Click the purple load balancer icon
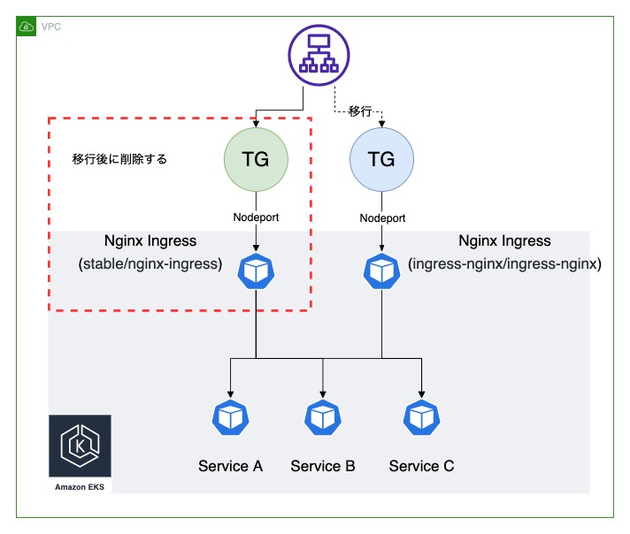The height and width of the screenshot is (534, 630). (319, 55)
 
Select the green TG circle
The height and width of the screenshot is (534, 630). (256, 159)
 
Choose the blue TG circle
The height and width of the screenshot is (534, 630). (381, 159)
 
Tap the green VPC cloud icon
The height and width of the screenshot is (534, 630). (27, 27)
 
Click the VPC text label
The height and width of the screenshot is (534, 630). (51, 27)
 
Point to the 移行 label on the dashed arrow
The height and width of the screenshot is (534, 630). (360, 111)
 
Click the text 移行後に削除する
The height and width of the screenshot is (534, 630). (119, 159)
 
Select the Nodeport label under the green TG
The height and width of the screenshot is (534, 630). (256, 217)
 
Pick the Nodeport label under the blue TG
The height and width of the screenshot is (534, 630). (382, 218)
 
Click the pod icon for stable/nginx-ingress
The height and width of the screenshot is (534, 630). (256, 271)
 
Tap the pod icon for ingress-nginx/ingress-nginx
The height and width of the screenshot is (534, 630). (381, 271)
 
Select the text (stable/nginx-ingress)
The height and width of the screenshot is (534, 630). (150, 263)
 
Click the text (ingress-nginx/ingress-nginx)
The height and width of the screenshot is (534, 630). (504, 263)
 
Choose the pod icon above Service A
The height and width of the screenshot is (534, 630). (231, 417)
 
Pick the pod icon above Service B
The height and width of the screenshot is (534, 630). (323, 417)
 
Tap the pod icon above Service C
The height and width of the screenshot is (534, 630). (422, 417)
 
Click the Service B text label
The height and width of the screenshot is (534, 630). (323, 466)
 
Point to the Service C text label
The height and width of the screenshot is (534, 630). (421, 466)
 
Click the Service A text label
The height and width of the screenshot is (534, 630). (231, 466)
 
